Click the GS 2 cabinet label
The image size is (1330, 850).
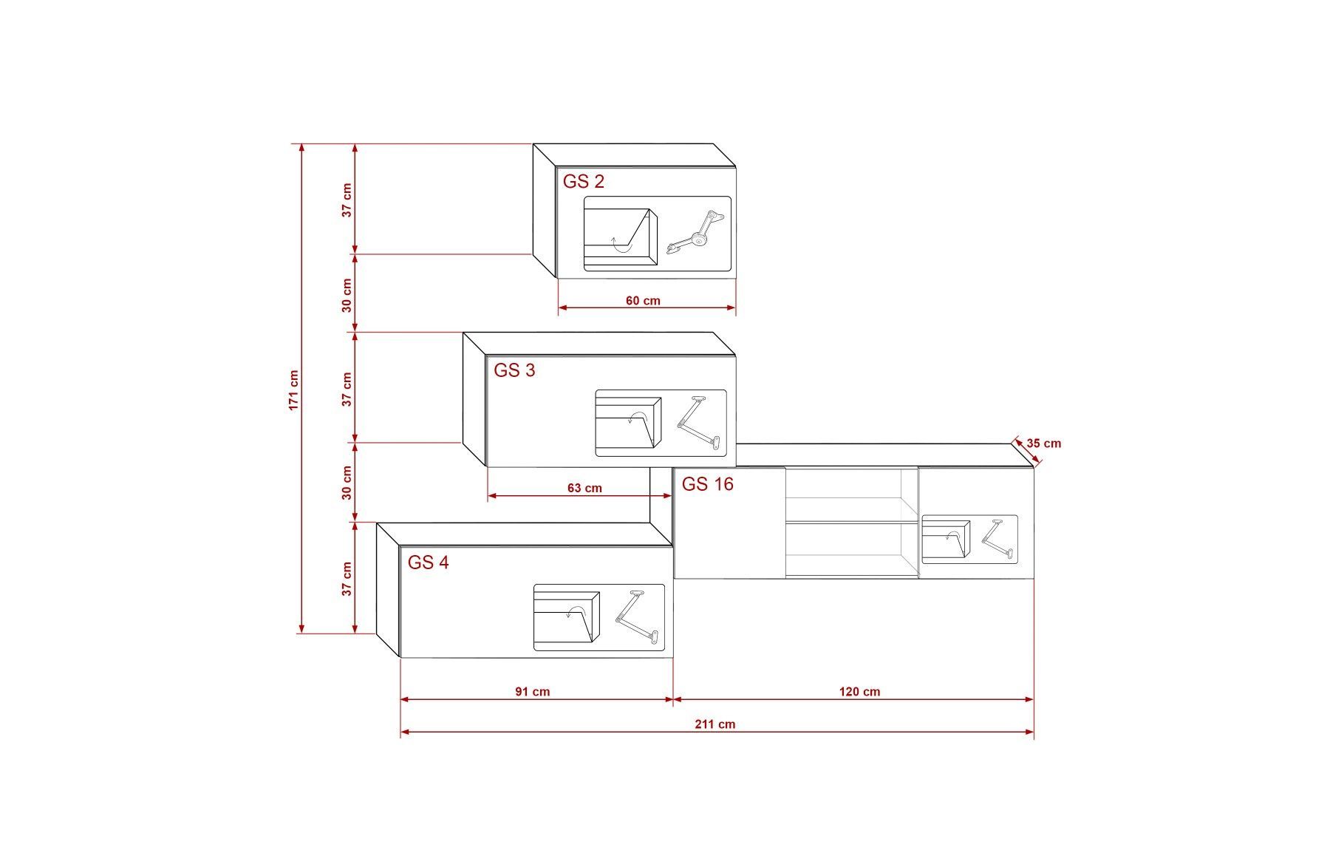584,181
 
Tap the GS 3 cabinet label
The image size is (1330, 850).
514,370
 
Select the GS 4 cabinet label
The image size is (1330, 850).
428,562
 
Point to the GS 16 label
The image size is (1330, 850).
707,484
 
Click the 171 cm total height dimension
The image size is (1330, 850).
294,390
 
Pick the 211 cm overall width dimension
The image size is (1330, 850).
715,724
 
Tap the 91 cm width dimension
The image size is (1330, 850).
533,692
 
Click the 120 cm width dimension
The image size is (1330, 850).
860,692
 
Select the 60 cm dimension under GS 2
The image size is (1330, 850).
643,301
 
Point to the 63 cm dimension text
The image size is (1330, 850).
584,488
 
